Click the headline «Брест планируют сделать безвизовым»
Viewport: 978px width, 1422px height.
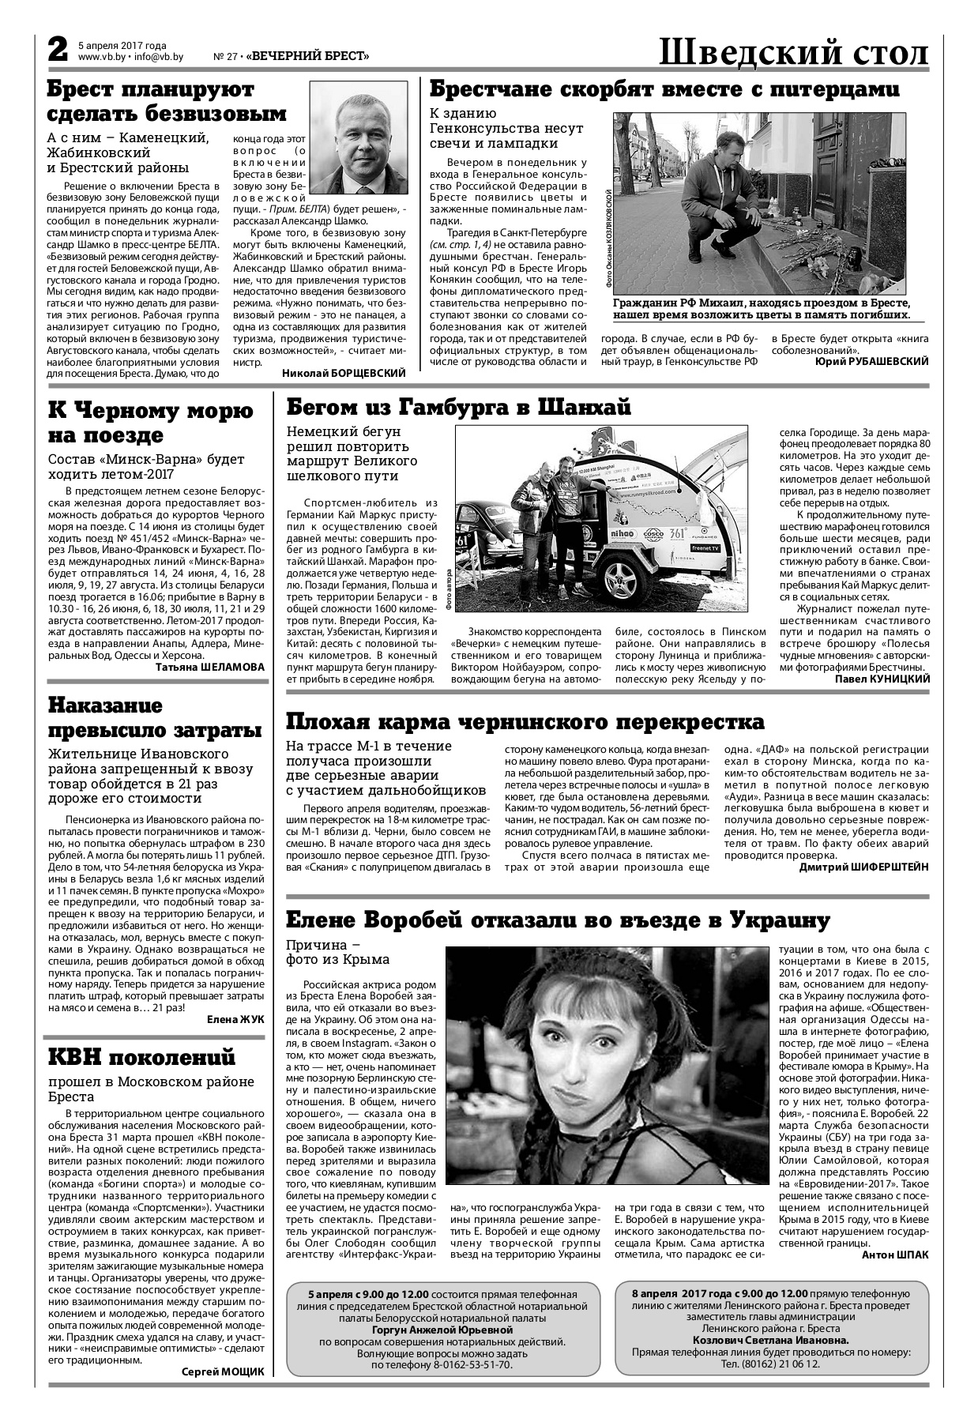[166, 102]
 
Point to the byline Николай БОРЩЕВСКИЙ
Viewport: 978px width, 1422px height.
[344, 372]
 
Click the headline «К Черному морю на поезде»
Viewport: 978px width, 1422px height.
[150, 423]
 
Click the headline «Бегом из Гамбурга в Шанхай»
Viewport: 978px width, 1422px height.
[458, 408]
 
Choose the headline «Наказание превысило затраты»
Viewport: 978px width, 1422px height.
[155, 717]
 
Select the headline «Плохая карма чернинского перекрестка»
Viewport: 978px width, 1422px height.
[525, 722]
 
